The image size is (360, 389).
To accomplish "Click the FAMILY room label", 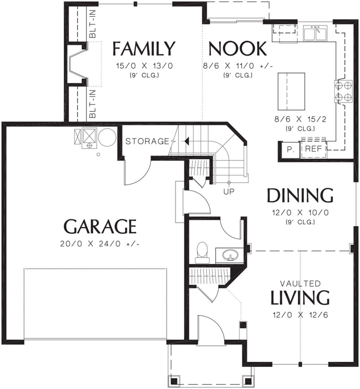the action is [x=144, y=48].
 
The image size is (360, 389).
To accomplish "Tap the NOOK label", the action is [x=238, y=48].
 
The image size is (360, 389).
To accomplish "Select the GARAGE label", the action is [x=100, y=226].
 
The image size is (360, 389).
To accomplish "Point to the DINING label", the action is [x=300, y=195].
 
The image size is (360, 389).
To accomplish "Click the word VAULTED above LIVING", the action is [x=300, y=284].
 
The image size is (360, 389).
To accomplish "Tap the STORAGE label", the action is [x=147, y=141].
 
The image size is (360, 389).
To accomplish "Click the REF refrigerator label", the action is [x=313, y=149].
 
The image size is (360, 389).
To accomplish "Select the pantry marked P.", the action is [x=290, y=150].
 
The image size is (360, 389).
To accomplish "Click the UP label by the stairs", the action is [x=229, y=192].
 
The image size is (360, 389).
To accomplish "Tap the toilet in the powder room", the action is [x=202, y=252].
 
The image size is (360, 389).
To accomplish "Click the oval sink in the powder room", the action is [x=231, y=255].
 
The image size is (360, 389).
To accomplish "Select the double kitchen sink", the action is [x=315, y=33].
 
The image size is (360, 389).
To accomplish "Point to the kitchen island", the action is [x=291, y=91].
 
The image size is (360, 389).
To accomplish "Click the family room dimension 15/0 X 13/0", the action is [x=144, y=66].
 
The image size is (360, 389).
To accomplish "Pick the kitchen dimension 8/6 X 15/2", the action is [x=300, y=119].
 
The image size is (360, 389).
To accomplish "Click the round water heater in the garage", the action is [x=107, y=137].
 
